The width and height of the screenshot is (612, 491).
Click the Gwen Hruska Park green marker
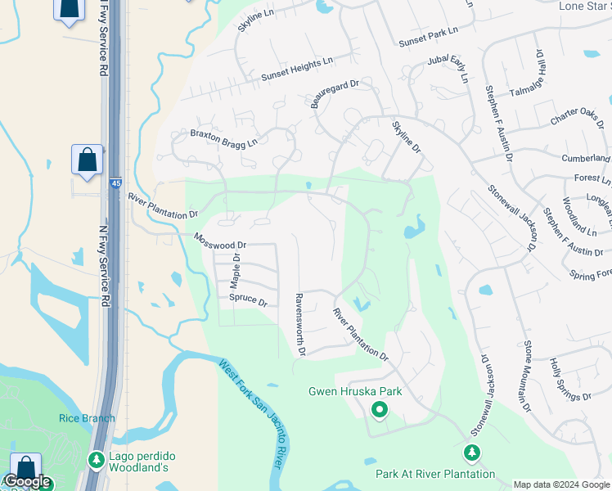click(x=379, y=409)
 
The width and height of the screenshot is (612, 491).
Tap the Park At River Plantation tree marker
click(x=471, y=453)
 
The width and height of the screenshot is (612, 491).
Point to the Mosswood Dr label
click(x=220, y=241)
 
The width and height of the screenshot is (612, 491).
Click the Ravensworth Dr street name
click(x=300, y=325)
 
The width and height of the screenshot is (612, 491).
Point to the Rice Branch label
click(x=87, y=418)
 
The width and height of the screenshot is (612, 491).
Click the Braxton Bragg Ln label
click(x=223, y=137)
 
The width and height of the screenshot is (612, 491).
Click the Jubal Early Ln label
click(x=449, y=70)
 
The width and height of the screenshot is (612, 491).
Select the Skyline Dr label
click(x=406, y=137)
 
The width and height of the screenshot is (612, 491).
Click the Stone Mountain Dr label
click(x=528, y=376)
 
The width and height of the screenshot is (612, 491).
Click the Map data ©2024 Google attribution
click(x=562, y=484)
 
